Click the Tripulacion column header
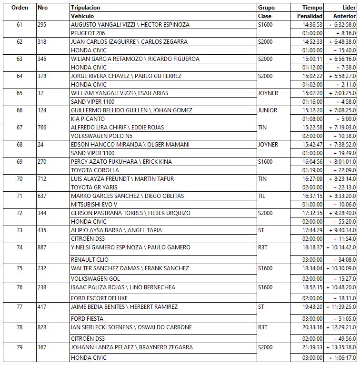click(x=86, y=8)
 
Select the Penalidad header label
click(x=310, y=16)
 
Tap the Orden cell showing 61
click(x=19, y=25)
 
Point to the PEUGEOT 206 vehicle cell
click(x=88, y=33)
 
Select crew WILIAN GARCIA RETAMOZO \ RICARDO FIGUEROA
click(x=135, y=59)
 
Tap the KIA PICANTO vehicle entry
click(x=86, y=119)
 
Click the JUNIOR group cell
click(x=267, y=110)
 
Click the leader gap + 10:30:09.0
click(x=337, y=268)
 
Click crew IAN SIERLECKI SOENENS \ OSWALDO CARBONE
click(x=131, y=327)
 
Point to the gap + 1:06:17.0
click(x=338, y=358)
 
